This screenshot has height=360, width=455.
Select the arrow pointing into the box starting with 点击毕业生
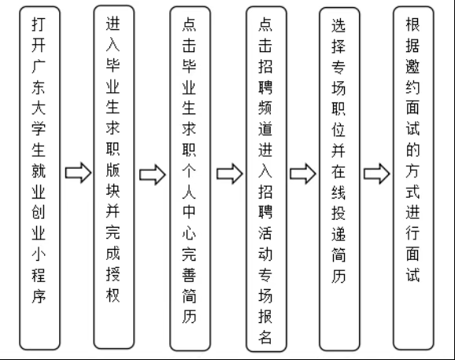click(152, 173)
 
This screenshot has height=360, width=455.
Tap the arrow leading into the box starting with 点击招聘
click(228, 173)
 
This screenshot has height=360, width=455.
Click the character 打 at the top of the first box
click(37, 26)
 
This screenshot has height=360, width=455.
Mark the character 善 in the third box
click(190, 296)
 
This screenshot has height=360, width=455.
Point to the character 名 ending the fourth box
click(265, 337)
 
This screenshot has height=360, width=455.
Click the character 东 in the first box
click(37, 88)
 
